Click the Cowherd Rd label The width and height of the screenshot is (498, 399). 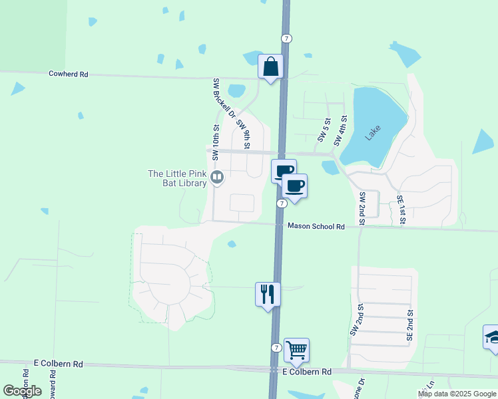point(69,74)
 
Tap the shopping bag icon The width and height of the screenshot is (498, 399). point(270,66)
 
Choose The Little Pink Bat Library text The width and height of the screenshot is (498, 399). point(177,178)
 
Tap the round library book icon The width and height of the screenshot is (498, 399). point(216,178)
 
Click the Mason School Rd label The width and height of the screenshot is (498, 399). point(316,227)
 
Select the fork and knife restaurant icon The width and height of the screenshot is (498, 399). point(268,294)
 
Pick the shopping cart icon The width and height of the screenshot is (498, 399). point(296,349)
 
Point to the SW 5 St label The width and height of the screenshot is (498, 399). point(324,130)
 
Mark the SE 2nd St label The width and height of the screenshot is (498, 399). point(410,326)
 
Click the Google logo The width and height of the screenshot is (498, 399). point(21,391)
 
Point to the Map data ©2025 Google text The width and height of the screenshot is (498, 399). point(457,394)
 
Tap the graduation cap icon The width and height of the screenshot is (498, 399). point(491,336)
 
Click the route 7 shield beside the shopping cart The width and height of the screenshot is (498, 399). point(276,348)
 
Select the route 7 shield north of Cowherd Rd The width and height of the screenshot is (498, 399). point(286,39)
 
